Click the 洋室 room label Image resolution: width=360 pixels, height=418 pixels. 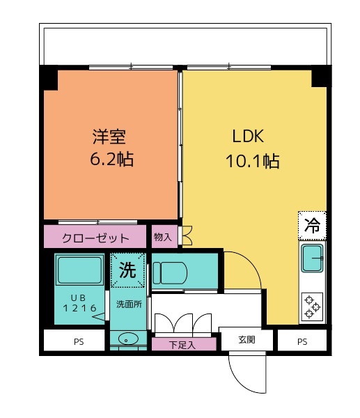pos(109,137)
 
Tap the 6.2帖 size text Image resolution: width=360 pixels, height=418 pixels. pos(111,159)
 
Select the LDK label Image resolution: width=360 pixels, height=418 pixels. pos(248,136)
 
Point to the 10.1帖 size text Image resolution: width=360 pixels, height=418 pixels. pos(253,161)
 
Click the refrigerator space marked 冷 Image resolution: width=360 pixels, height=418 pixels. pos(312,226)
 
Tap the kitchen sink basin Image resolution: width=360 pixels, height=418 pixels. pos(312,258)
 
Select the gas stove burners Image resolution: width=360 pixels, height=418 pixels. pos(312,307)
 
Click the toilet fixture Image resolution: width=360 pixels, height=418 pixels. pos(170,273)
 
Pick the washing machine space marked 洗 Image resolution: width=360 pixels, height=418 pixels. pos(127,270)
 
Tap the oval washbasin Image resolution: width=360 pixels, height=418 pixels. pos(128,340)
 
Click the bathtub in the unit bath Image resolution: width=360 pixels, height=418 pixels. pos(79,270)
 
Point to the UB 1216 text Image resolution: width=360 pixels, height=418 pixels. pos(79,303)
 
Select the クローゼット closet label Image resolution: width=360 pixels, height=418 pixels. pos(95,238)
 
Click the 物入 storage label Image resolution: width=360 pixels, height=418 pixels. pos(162,236)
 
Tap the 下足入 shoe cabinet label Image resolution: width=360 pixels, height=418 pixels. pos(182,345)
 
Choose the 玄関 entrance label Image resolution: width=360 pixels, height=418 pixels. pos(246,340)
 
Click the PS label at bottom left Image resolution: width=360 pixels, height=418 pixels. pos(79,341)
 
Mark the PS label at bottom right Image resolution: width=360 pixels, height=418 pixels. pos(302,341)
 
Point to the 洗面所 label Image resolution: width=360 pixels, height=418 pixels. pos(129,304)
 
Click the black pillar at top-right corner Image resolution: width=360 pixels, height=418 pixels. pos(322,76)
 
